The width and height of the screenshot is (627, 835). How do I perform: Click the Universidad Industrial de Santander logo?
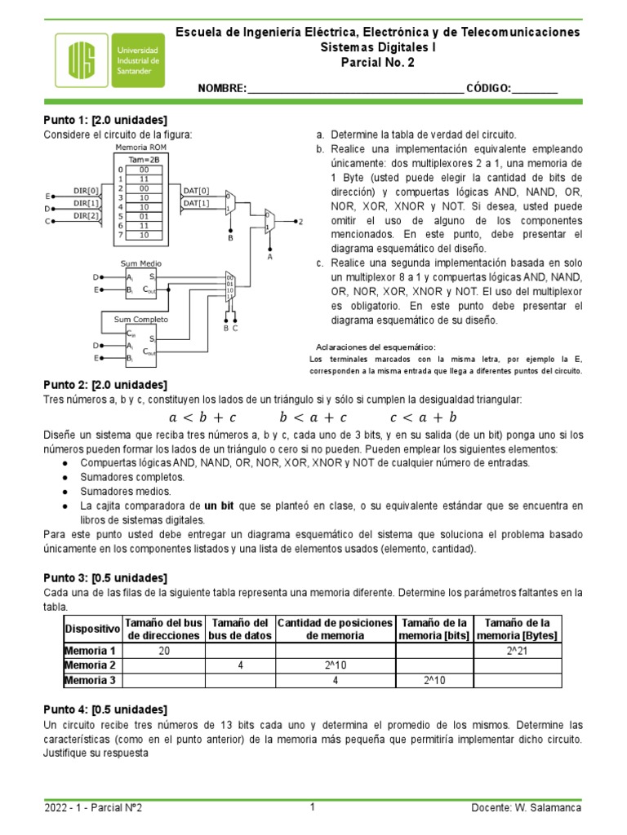coord(109,61)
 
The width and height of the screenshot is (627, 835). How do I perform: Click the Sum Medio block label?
coord(140,264)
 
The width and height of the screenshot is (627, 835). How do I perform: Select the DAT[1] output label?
coord(196,203)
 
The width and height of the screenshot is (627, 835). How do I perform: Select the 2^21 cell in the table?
coord(516,651)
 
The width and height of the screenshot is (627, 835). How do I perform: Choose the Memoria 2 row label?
coord(90,665)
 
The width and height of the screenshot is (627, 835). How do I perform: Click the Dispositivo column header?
coord(91,629)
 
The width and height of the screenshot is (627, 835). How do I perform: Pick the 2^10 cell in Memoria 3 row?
coord(434,680)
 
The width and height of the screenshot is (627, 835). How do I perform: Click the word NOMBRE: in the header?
coord(221,88)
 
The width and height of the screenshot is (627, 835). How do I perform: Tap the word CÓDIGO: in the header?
coord(488,88)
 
